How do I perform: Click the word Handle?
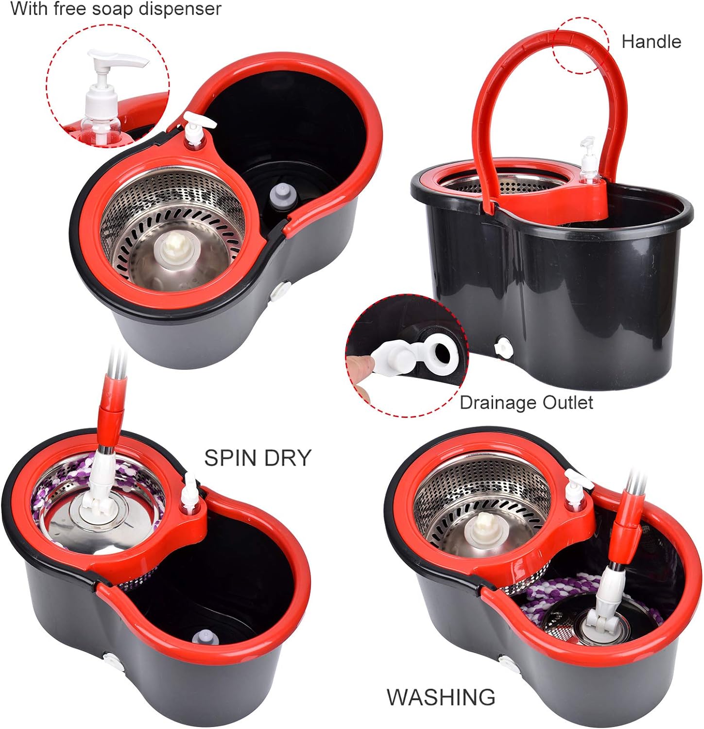click(x=651, y=42)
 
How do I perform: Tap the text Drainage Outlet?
click(x=526, y=403)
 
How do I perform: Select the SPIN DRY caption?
click(x=257, y=458)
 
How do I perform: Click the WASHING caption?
click(x=441, y=697)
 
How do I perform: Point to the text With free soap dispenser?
click(x=116, y=9)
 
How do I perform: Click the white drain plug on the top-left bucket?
click(x=279, y=291)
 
